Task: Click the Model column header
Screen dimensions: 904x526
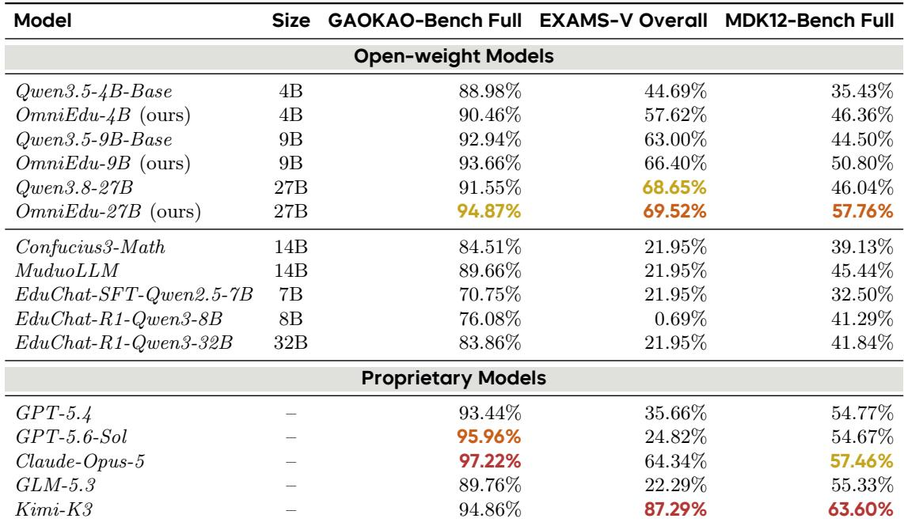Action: tap(43, 21)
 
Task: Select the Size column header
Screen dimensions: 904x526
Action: tap(291, 21)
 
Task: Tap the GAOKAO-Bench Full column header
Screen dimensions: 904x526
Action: tap(425, 21)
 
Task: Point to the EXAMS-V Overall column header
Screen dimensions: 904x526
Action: tap(623, 21)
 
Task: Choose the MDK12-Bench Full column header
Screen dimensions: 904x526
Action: tap(810, 21)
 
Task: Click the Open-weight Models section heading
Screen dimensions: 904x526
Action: tap(454, 56)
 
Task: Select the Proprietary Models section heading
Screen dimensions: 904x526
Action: tap(454, 378)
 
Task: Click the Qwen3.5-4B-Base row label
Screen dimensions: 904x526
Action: tap(94, 92)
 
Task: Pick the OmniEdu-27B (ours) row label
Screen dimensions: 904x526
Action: tap(108, 211)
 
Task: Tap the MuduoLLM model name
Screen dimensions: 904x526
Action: tap(66, 271)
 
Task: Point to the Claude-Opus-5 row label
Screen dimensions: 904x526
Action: tap(80, 461)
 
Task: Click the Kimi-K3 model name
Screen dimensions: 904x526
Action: tap(54, 509)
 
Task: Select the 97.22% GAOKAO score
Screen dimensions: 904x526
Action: tap(490, 461)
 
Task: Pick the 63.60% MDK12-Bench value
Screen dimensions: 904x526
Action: tap(861, 509)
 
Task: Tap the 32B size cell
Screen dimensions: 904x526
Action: tap(291, 342)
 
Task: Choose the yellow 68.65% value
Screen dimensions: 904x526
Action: tap(674, 187)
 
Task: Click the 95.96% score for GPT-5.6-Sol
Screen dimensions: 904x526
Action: tap(489, 437)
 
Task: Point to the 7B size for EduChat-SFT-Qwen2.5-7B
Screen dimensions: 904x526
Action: tap(291, 294)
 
